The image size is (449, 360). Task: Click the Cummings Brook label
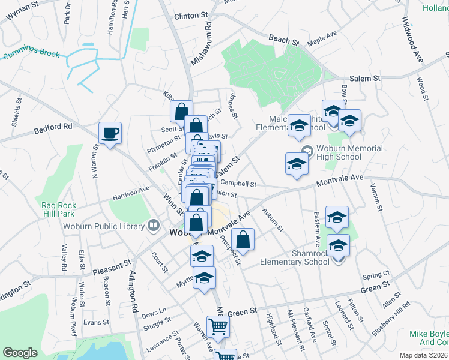(x=31, y=55)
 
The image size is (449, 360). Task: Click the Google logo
(x=20, y=353)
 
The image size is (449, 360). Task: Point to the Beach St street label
(x=283, y=40)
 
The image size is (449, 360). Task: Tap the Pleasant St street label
(x=112, y=267)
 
